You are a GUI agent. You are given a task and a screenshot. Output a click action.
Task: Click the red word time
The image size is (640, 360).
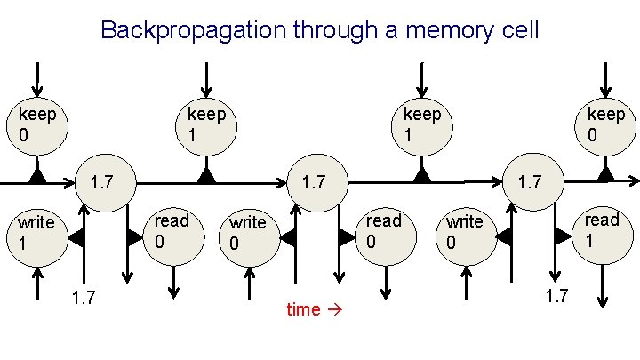pos(303,309)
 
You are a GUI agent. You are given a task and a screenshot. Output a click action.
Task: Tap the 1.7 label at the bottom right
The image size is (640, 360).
pos(556,296)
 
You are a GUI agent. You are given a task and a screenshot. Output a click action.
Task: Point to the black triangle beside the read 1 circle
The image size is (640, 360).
pos(563,236)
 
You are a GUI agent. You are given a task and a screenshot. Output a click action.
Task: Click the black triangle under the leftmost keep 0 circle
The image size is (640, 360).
pos(36,174)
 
